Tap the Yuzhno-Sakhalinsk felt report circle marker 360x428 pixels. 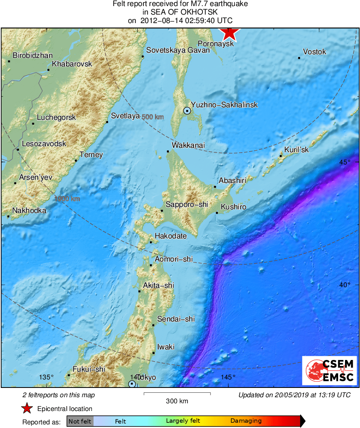(187, 110)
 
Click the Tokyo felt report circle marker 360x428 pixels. (132, 383)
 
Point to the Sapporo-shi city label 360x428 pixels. (187, 205)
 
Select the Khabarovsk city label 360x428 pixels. (72, 64)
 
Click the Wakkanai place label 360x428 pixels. (188, 145)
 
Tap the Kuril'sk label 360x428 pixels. (296, 150)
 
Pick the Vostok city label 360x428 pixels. (314, 52)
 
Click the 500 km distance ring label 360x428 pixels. (153, 117)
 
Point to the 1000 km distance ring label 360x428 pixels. (67, 199)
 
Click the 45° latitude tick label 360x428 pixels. (345, 162)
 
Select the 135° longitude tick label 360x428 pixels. (46, 377)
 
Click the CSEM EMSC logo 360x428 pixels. (330, 371)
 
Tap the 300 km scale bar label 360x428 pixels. (177, 401)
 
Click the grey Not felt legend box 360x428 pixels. (80, 421)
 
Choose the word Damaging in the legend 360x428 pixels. (246, 421)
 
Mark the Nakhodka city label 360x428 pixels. (29, 211)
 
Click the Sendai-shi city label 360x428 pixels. (176, 319)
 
